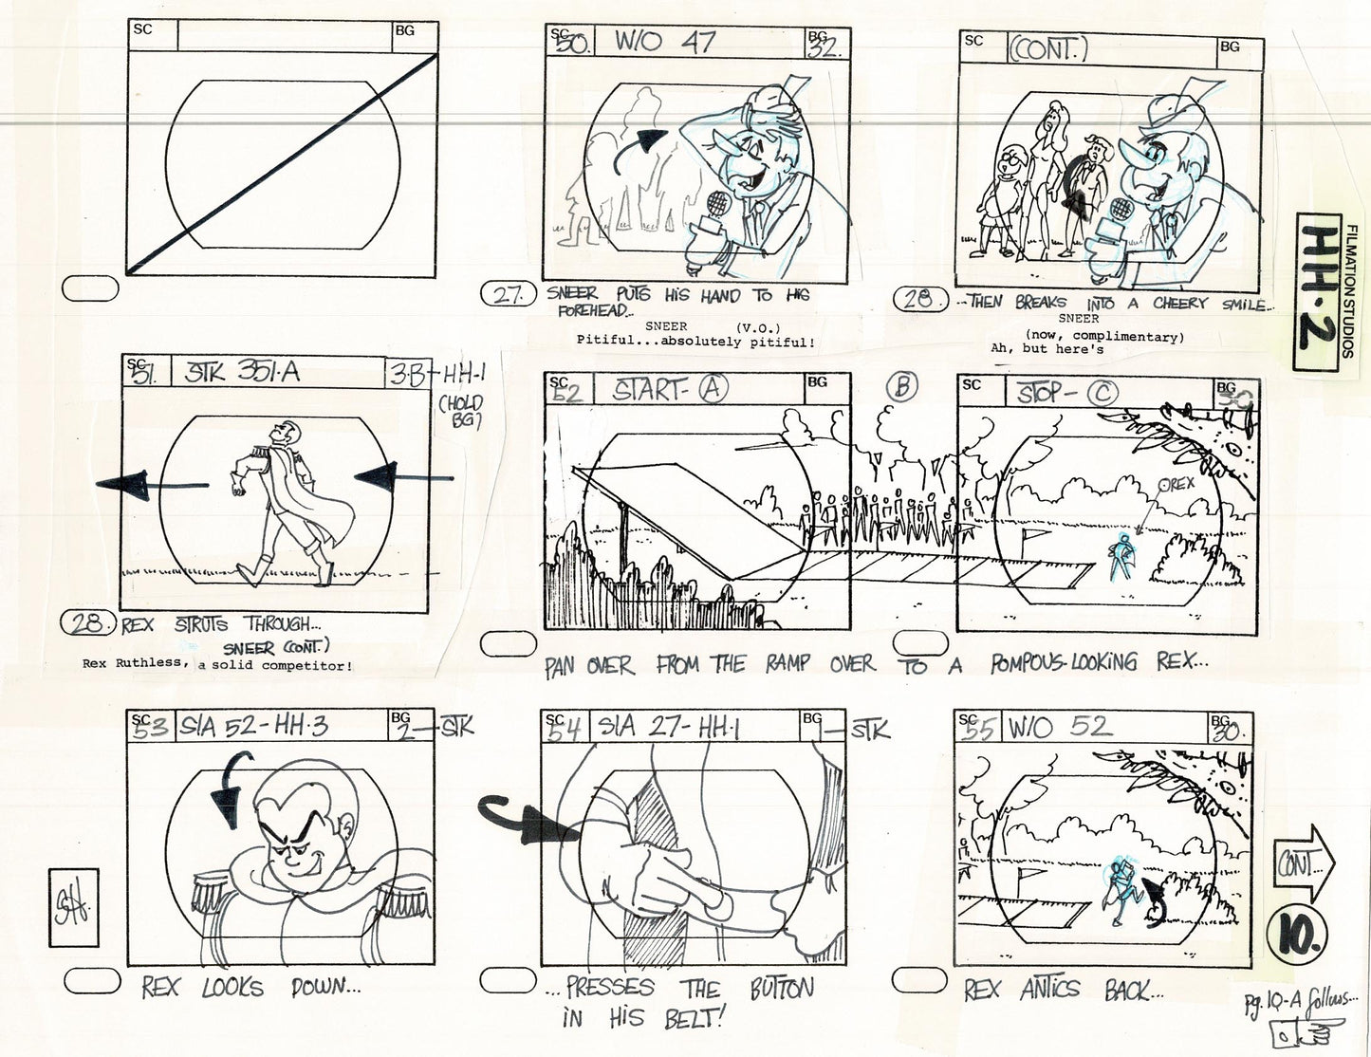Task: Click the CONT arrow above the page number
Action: coord(1305,864)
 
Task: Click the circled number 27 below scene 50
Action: coord(510,296)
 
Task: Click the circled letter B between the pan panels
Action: coord(902,386)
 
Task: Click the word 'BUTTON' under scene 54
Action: coord(782,990)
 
